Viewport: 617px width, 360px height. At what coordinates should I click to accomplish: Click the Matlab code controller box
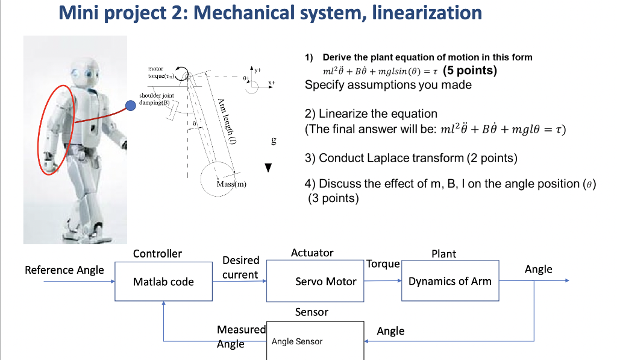[164, 281]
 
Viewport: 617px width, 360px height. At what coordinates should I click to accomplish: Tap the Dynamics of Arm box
[450, 281]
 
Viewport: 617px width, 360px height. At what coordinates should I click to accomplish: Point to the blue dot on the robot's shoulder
[130, 106]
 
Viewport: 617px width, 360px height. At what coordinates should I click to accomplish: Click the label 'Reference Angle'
[64, 270]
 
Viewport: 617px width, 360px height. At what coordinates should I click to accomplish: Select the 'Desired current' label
[240, 268]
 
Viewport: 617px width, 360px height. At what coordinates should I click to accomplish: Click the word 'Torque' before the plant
[383, 264]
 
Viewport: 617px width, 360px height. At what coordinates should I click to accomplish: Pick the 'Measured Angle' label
[241, 336]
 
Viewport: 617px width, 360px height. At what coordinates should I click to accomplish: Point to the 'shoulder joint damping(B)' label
[157, 99]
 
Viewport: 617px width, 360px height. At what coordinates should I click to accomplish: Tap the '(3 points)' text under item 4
[333, 198]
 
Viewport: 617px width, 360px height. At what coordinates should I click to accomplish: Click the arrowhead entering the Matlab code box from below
[164, 305]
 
